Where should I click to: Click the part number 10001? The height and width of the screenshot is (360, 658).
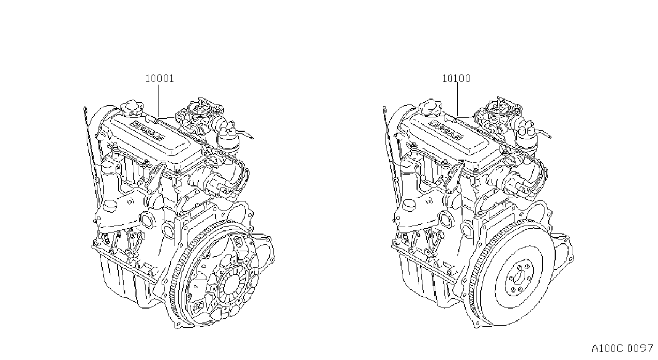pyautogui.click(x=160, y=78)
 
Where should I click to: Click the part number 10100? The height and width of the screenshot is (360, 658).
pyautogui.click(x=457, y=78)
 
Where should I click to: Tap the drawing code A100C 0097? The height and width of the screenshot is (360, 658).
pyautogui.click(x=622, y=349)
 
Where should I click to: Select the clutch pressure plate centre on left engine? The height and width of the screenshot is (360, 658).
pyautogui.click(x=232, y=284)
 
